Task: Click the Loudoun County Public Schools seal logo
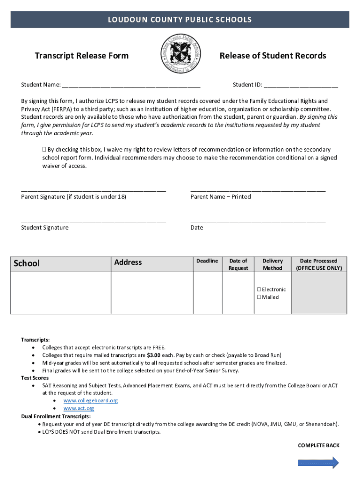coord(180,54)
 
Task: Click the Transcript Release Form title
coord(82,56)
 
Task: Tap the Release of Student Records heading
coord(273,56)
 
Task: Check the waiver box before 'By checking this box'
coord(44,150)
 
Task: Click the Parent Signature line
coord(94,190)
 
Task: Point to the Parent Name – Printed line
coord(258,190)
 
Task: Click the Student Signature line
coord(94,221)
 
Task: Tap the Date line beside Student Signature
coord(258,221)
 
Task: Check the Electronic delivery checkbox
coord(259,290)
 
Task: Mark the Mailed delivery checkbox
coord(259,297)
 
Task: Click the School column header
coord(27,263)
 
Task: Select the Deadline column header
coord(207,261)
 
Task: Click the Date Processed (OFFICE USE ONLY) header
coord(318,264)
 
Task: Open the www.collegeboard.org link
coord(91,401)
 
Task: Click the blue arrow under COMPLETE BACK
coord(318,463)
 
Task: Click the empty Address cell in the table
coord(151,292)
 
